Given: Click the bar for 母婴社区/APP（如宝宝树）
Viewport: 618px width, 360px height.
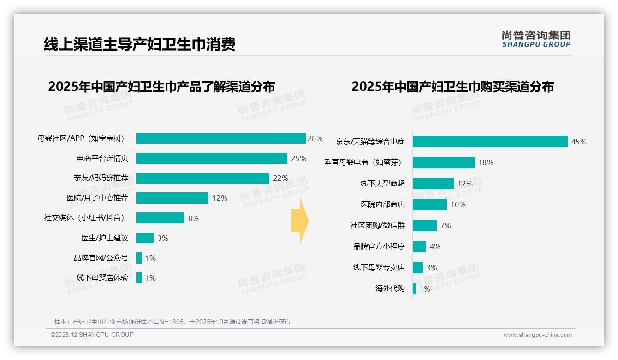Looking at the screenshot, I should tap(220, 138).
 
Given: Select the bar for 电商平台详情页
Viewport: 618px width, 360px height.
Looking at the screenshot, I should tap(211, 158).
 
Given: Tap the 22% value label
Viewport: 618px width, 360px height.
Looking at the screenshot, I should tap(280, 178).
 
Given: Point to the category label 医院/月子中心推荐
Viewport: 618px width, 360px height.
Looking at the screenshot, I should tap(97, 198).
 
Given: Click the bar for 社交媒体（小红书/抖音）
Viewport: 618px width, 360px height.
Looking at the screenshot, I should tap(160, 218).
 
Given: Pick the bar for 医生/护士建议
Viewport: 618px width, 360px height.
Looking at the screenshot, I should tap(145, 238).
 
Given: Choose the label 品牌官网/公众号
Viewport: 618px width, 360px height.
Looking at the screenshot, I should tap(101, 258).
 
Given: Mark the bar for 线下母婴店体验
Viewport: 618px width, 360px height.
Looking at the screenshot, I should tap(139, 278).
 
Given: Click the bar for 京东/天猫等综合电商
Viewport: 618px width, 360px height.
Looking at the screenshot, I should tap(490, 142).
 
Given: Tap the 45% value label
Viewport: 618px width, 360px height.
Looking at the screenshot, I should tap(579, 142).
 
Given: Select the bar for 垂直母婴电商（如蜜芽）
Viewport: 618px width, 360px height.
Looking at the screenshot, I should tap(443, 162).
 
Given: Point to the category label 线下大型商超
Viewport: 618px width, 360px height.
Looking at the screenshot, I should tap(383, 184).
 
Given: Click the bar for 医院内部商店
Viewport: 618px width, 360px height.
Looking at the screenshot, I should tap(429, 204).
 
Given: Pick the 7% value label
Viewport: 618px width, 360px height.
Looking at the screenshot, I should tap(446, 226).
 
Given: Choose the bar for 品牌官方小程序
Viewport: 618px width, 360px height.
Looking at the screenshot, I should tap(419, 246).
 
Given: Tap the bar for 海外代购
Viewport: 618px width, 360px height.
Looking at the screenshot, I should tap(414, 289).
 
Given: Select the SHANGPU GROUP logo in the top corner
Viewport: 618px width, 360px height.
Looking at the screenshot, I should tap(536, 39).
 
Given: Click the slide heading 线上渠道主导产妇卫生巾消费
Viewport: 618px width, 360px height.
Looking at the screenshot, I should tap(140, 44).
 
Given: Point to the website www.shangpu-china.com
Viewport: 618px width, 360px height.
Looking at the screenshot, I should tap(537, 335).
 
